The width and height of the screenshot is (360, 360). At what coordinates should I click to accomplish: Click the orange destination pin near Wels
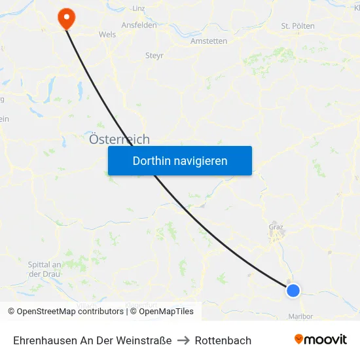point(67,17)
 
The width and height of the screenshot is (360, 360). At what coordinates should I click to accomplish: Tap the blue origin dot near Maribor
point(293,290)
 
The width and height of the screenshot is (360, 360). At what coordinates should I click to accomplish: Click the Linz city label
point(138,9)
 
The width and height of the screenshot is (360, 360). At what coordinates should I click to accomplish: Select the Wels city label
point(107,34)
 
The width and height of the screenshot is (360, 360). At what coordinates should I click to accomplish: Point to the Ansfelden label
point(139,25)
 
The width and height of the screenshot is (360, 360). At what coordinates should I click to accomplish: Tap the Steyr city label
point(154,56)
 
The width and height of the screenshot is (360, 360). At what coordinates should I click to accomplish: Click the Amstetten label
point(209,41)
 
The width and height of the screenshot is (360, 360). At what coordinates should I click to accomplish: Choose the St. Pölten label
point(298,26)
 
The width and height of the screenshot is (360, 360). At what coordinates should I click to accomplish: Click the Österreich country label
point(119,139)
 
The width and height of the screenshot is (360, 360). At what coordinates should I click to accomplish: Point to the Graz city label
point(276,227)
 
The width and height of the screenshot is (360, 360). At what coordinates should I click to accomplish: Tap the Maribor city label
point(300,316)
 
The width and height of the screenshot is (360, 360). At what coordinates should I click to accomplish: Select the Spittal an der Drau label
point(45,269)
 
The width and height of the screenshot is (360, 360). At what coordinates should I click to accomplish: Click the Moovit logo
point(321,340)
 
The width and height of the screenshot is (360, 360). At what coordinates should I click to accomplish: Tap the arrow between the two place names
point(183,340)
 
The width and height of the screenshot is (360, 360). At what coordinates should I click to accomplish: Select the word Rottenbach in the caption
point(223,340)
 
